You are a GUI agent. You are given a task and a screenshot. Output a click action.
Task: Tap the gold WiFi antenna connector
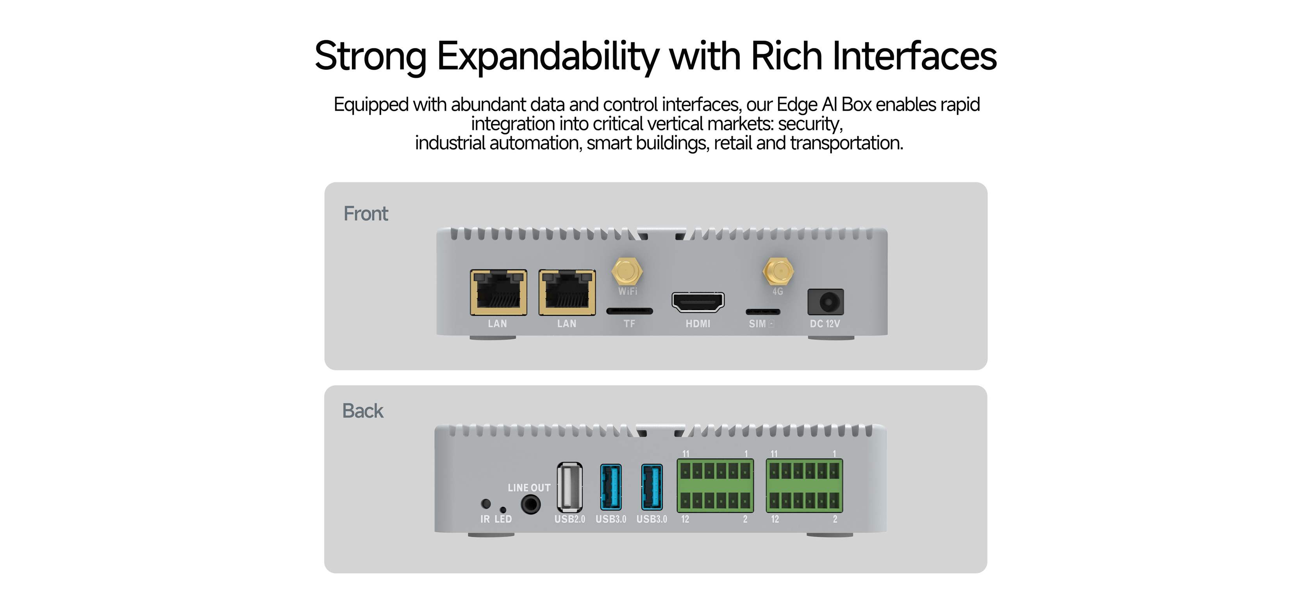[627, 271]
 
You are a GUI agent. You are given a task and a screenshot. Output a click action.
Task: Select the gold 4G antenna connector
[778, 271]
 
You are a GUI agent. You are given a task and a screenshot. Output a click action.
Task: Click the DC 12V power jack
[826, 302]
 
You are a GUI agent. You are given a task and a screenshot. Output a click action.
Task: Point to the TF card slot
[630, 311]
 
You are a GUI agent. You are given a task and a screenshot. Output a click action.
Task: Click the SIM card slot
[762, 311]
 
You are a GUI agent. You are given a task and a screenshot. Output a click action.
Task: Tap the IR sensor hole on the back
[486, 504]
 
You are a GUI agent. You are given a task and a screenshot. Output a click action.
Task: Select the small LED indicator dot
[503, 510]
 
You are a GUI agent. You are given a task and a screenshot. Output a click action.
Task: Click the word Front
[366, 214]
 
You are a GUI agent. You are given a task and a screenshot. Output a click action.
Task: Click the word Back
[362, 411]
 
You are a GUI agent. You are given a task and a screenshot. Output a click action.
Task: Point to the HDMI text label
[697, 324]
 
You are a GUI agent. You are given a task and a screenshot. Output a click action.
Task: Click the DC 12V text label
[825, 324]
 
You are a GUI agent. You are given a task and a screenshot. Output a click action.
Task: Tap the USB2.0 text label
[569, 519]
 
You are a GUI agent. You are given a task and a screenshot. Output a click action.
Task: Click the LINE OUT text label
[529, 488]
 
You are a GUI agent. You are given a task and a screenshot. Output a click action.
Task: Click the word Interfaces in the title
[914, 55]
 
